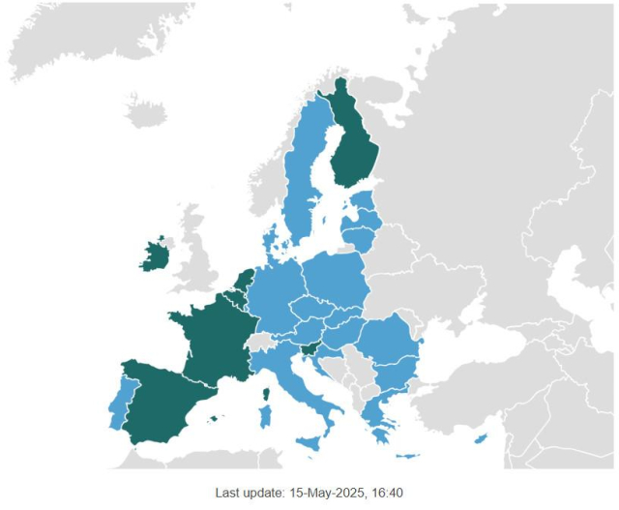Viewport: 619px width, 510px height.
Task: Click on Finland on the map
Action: coord(356,145)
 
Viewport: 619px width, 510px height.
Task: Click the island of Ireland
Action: coord(154,256)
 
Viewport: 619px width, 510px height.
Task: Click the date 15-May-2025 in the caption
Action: coord(322,493)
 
